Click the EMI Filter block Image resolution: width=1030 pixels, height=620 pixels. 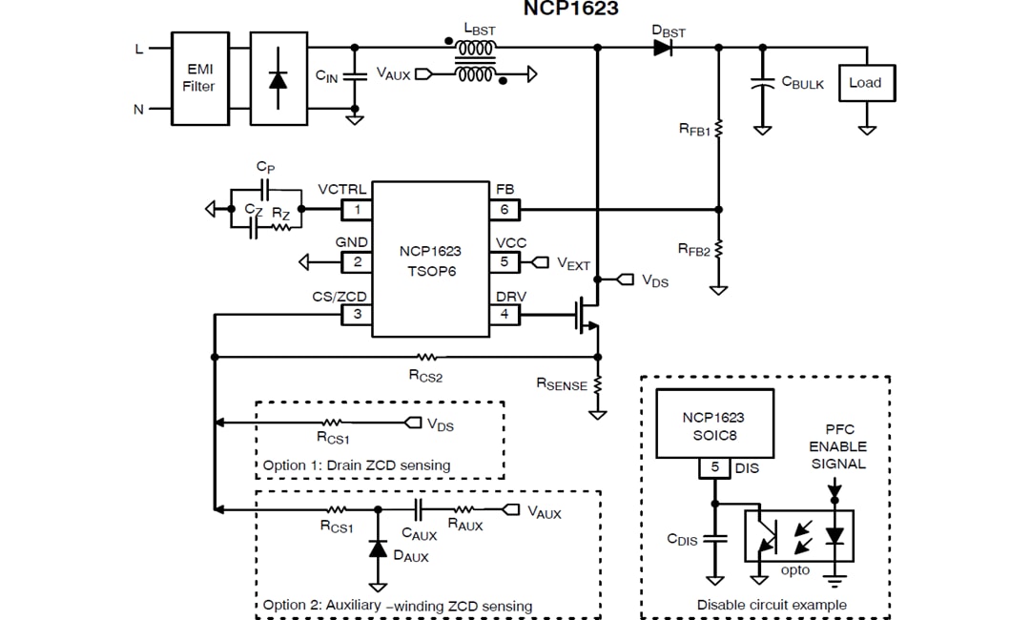(x=199, y=78)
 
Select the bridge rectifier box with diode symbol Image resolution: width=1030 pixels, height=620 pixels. (x=278, y=78)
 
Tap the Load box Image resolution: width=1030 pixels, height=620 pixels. (x=865, y=83)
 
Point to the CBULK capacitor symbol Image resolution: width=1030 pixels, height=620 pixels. (x=762, y=83)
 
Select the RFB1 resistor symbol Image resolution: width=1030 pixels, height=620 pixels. (x=719, y=128)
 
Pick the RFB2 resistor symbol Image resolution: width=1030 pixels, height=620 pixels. (x=719, y=248)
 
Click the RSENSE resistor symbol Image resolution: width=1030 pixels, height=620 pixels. (x=598, y=384)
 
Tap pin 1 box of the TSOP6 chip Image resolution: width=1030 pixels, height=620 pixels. (x=357, y=209)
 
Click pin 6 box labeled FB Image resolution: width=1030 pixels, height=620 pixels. (x=505, y=209)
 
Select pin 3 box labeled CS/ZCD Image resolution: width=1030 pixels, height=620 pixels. (x=357, y=314)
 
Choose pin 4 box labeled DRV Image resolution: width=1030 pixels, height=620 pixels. (x=505, y=314)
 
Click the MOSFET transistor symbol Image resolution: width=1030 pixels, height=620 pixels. (x=584, y=315)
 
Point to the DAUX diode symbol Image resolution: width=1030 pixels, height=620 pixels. (x=378, y=548)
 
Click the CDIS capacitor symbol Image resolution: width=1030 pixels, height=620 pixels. (x=714, y=539)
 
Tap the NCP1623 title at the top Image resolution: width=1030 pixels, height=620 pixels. (x=570, y=10)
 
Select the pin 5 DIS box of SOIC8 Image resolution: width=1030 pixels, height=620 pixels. (x=714, y=468)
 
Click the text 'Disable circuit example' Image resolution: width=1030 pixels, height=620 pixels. (x=772, y=605)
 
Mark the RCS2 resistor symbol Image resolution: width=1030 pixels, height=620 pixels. (x=428, y=357)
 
